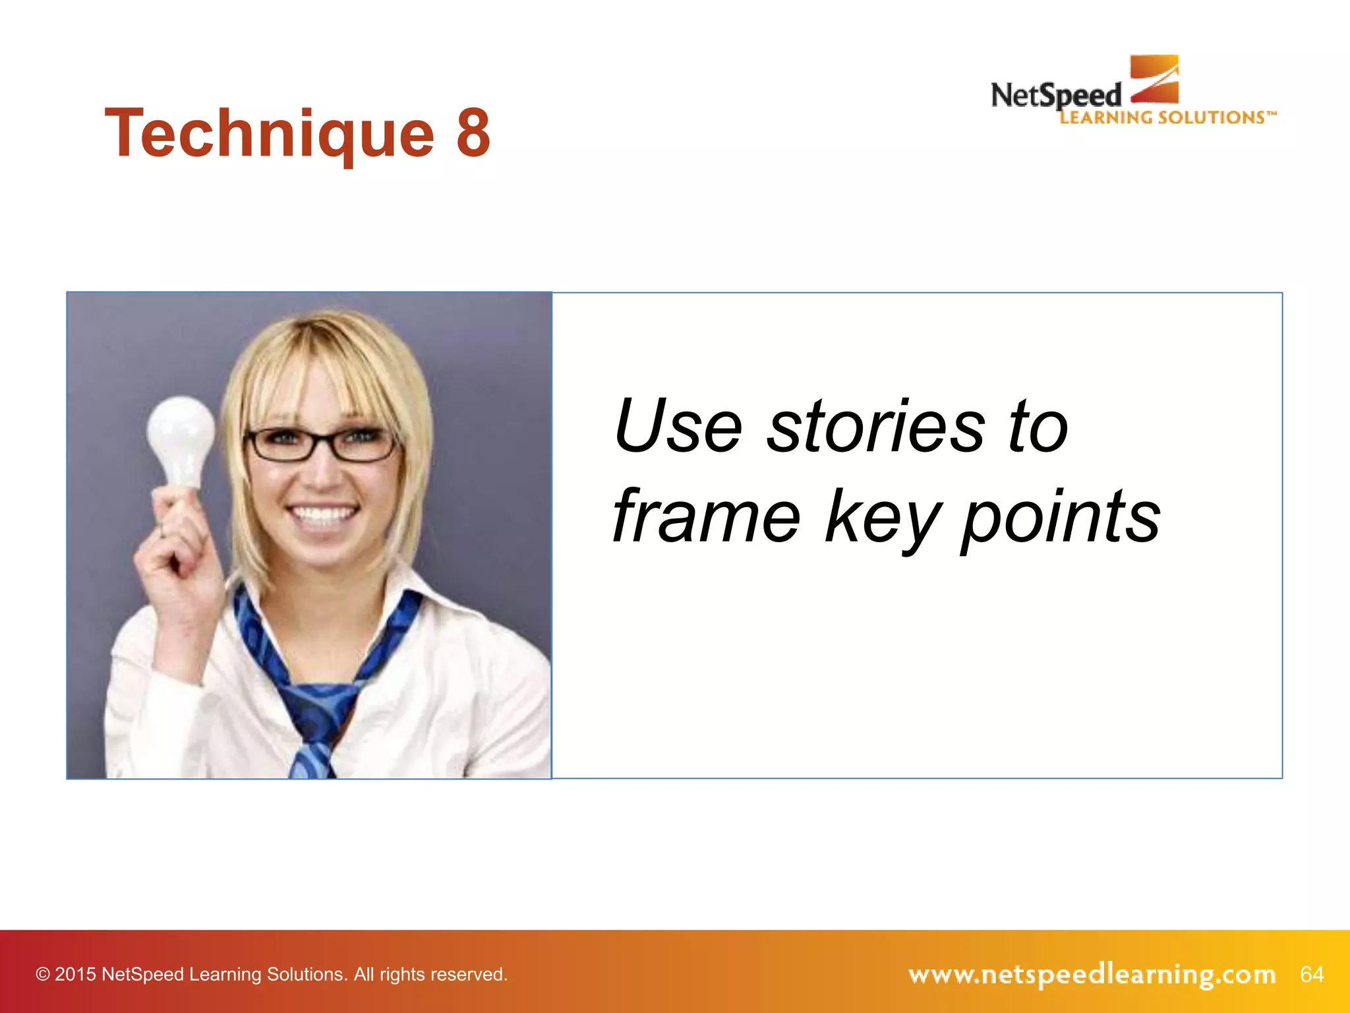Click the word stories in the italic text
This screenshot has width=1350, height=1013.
tap(877, 427)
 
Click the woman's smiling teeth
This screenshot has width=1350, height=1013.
tap(322, 514)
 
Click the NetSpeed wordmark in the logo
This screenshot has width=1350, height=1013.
tap(1055, 96)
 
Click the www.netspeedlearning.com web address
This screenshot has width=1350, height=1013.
tap(1092, 974)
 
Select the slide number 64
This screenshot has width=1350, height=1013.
tap(1311, 974)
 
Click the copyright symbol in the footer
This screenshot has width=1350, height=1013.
tap(43, 975)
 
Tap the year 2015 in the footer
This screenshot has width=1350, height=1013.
tap(75, 975)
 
